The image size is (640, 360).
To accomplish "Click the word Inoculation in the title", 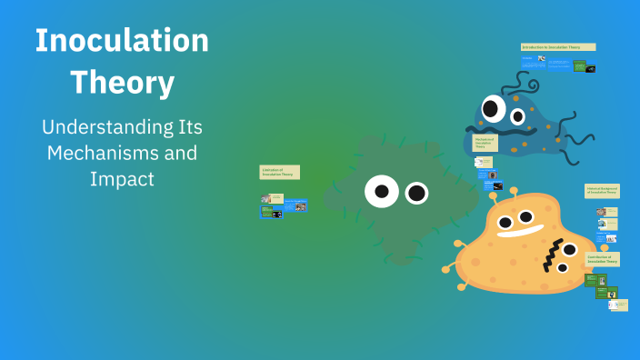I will point(122,40).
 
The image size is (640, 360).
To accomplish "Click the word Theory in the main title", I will point(122,83).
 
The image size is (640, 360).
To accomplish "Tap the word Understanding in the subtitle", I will point(122,127).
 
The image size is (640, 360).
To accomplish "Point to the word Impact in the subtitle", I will point(122,179).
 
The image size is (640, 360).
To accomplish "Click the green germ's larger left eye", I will point(382,191).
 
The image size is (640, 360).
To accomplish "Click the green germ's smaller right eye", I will point(416,193).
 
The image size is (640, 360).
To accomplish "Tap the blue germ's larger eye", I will point(493,109).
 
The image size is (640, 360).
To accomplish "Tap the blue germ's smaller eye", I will point(518,116).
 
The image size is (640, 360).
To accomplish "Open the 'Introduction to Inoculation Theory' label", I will point(558,46).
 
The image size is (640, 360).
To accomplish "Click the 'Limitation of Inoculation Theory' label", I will point(279,172).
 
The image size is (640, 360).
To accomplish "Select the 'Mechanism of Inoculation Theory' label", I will point(485,143).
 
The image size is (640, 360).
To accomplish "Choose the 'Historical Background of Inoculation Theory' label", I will point(602,191).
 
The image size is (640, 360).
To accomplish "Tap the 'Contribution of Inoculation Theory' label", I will point(603,259).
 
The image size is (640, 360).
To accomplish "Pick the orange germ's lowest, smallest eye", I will point(563,268).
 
